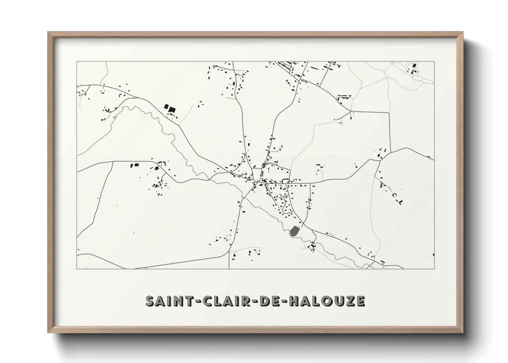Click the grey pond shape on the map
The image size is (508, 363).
point(294,231)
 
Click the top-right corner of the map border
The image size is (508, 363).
point(435,61)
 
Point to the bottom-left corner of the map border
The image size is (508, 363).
point(77,269)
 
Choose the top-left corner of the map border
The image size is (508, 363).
point(77,61)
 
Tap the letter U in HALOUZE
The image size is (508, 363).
point(337,301)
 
